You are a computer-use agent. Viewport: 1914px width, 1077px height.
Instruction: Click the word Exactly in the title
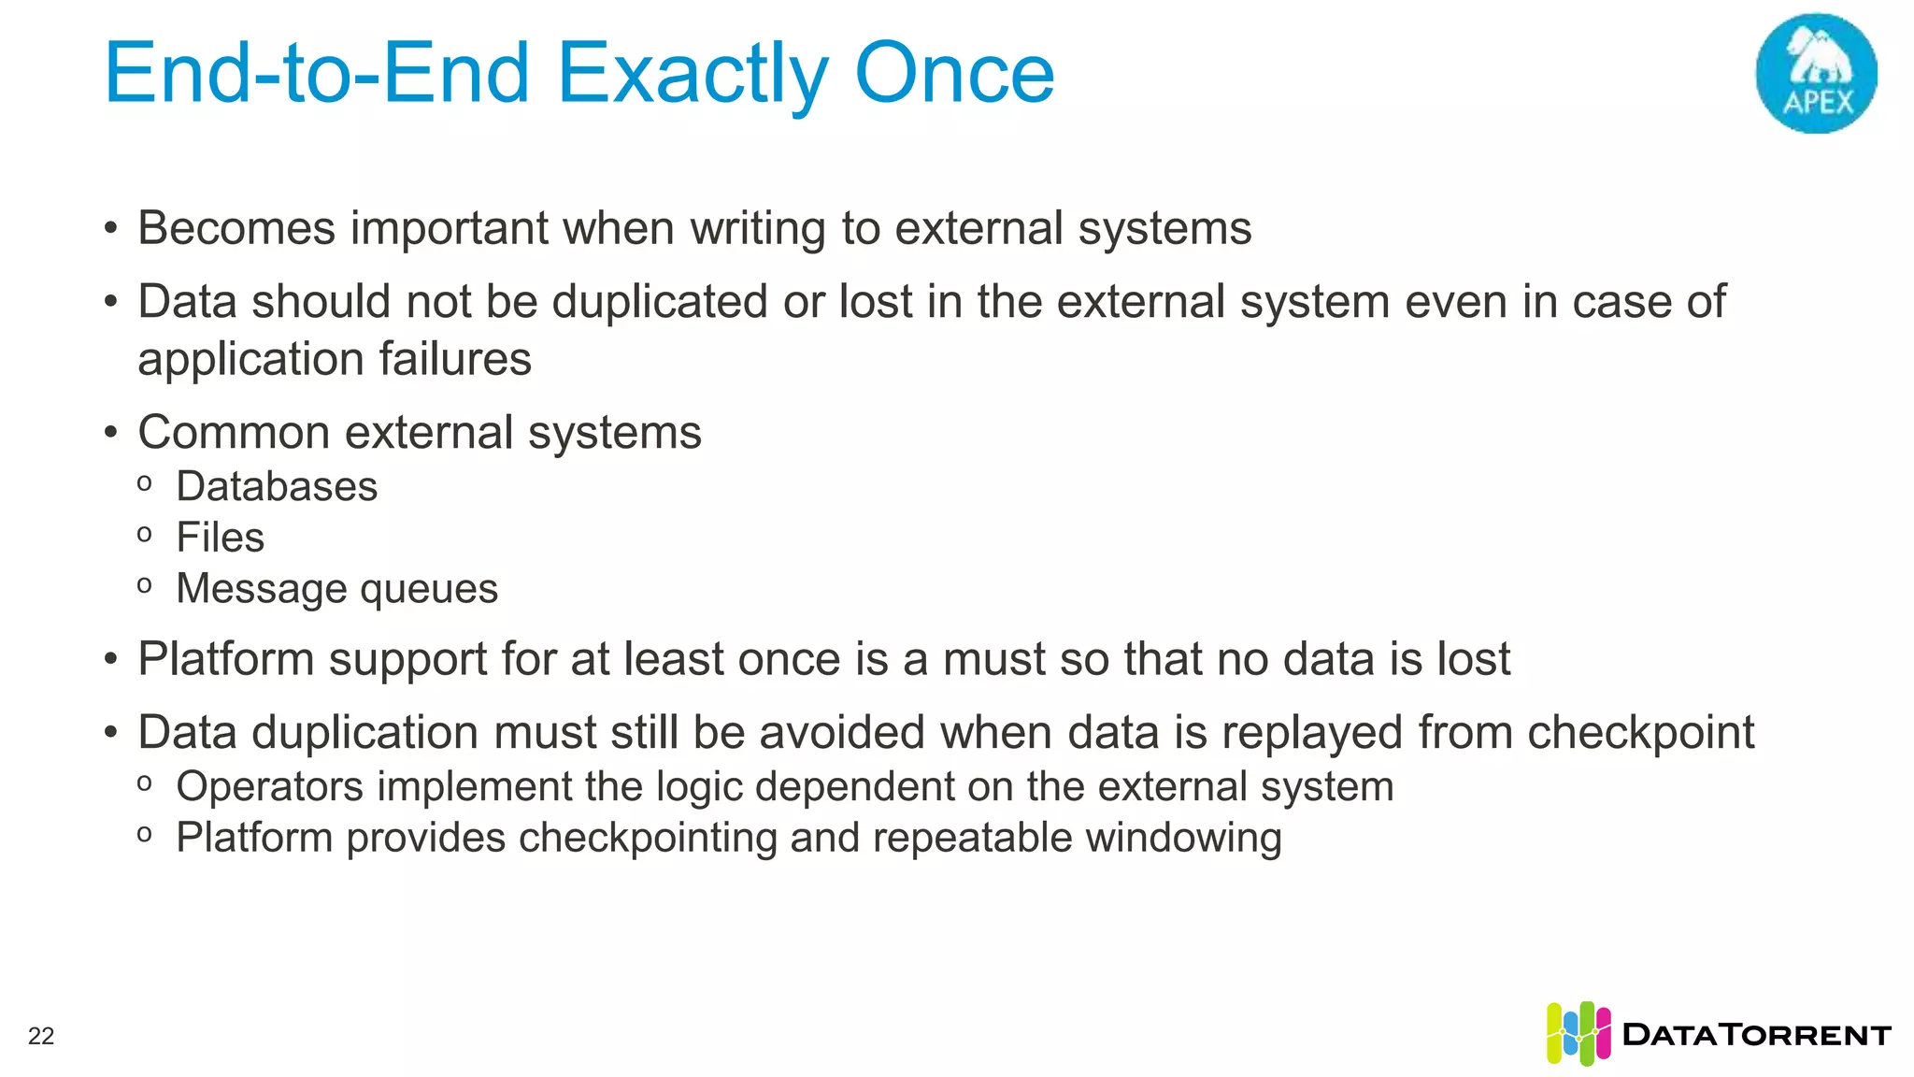(x=693, y=75)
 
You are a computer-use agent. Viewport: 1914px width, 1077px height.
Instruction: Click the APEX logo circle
(x=1816, y=74)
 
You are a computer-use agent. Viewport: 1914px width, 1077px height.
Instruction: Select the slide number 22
(x=41, y=1036)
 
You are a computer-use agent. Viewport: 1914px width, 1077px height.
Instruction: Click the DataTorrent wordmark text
(x=1757, y=1035)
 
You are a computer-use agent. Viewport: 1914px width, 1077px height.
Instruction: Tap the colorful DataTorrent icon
(x=1578, y=1033)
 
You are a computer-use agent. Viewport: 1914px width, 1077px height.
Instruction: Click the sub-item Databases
(x=277, y=486)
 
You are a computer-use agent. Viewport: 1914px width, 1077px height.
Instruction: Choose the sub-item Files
(x=221, y=538)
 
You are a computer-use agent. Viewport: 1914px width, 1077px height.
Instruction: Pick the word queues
(x=429, y=589)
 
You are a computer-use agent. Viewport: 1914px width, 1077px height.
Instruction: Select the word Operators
(x=269, y=786)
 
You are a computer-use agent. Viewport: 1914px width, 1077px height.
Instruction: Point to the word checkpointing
(x=648, y=838)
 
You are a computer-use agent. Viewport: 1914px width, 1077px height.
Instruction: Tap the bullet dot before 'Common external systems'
(x=111, y=433)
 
